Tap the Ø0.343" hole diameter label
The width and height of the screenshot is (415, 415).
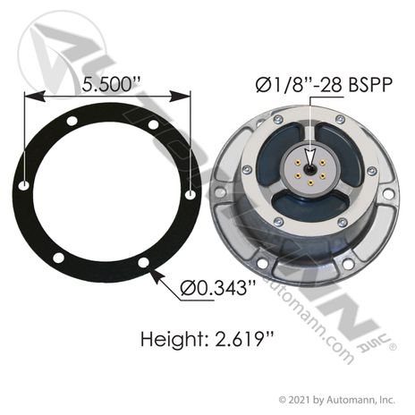point(218,288)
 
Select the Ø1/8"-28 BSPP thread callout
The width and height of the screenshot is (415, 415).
point(324,85)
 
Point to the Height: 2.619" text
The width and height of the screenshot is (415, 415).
point(207,339)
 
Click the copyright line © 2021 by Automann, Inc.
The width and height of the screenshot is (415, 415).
point(336,400)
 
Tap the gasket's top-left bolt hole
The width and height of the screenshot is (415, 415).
point(72,122)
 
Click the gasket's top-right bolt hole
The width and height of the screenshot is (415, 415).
point(154,124)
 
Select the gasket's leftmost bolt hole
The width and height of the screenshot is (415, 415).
point(24,186)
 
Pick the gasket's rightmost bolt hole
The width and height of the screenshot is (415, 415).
point(191,195)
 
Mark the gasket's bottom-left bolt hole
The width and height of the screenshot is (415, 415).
point(58,258)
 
